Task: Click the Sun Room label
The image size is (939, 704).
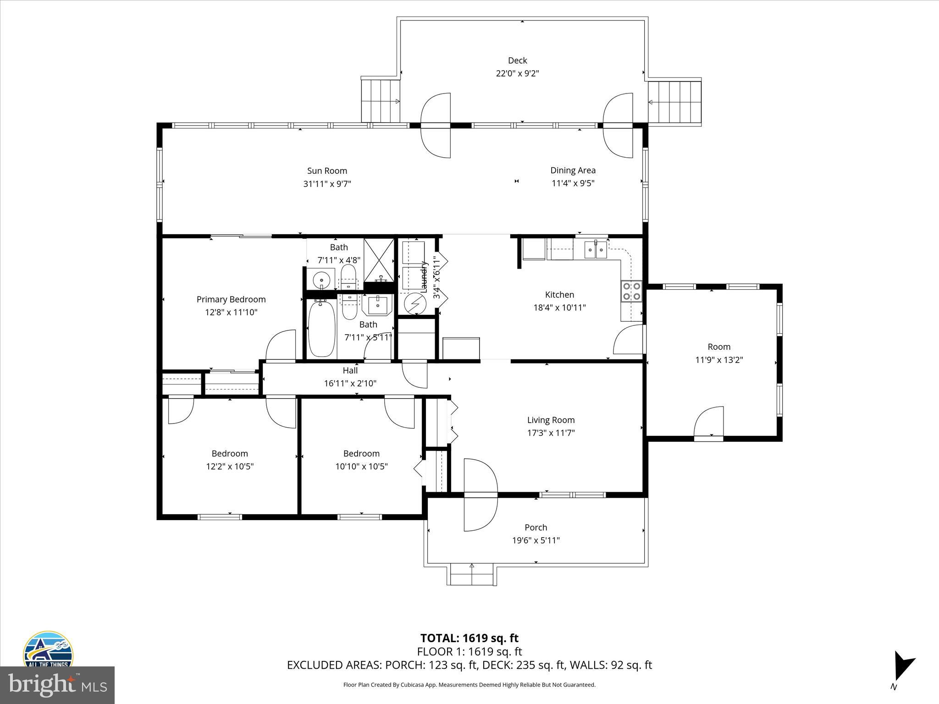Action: pyautogui.click(x=327, y=171)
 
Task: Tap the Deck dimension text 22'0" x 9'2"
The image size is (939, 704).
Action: pyautogui.click(x=517, y=73)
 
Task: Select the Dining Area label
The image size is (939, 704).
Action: pyautogui.click(x=573, y=170)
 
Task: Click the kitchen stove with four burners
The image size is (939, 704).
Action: pyautogui.click(x=631, y=291)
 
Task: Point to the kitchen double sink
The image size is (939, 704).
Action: pyautogui.click(x=596, y=250)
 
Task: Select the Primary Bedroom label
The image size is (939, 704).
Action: pyautogui.click(x=231, y=299)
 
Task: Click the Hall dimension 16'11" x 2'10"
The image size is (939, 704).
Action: pyautogui.click(x=350, y=384)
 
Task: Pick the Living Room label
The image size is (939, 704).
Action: pyautogui.click(x=551, y=420)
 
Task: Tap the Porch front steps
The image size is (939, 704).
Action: pyautogui.click(x=471, y=575)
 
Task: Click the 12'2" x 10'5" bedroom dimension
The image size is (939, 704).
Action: pyautogui.click(x=230, y=467)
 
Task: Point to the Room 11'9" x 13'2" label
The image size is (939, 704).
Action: pyautogui.click(x=718, y=347)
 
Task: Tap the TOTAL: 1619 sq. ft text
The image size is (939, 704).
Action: pyautogui.click(x=469, y=638)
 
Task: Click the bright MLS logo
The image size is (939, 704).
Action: pyautogui.click(x=57, y=685)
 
